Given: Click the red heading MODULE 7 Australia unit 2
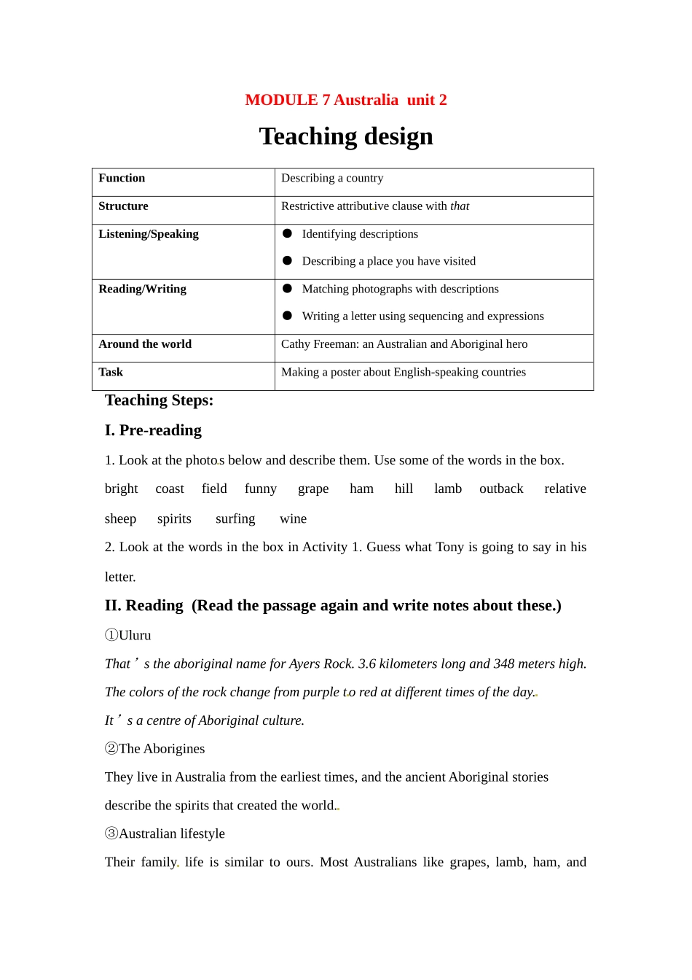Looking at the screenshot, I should tap(345, 100).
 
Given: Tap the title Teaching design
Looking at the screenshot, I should tap(346, 136).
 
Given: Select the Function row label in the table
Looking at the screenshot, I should tap(122, 178).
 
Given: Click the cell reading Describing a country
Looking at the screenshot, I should tap(332, 178).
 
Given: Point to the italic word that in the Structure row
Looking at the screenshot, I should tap(460, 206).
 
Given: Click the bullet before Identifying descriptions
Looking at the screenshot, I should tap(287, 233).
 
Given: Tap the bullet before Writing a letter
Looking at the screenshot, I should tap(287, 316).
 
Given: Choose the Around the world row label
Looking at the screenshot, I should tap(145, 344).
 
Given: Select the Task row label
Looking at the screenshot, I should tap(111, 372).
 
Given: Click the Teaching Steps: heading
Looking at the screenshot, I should tap(159, 400).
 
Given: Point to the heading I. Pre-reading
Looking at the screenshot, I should tap(153, 430).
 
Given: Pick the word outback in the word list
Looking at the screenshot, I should tap(501, 489).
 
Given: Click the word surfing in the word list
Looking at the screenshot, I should tap(235, 518).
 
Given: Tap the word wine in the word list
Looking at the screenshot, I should tap(293, 518).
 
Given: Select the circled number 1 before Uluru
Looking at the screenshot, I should tap(111, 635).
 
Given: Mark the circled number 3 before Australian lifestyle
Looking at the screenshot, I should tap(111, 833).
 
